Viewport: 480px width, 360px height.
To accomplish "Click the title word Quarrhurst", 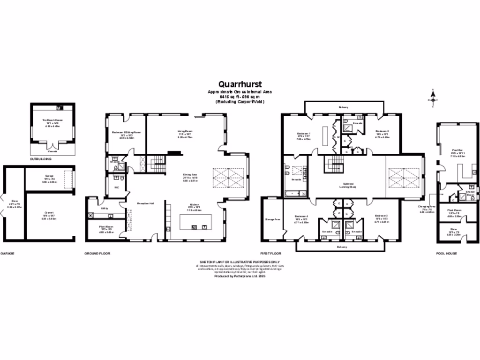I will (240, 85).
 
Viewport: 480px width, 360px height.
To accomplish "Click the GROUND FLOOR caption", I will (97, 253).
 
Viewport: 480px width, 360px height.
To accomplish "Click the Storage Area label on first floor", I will (272, 218).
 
